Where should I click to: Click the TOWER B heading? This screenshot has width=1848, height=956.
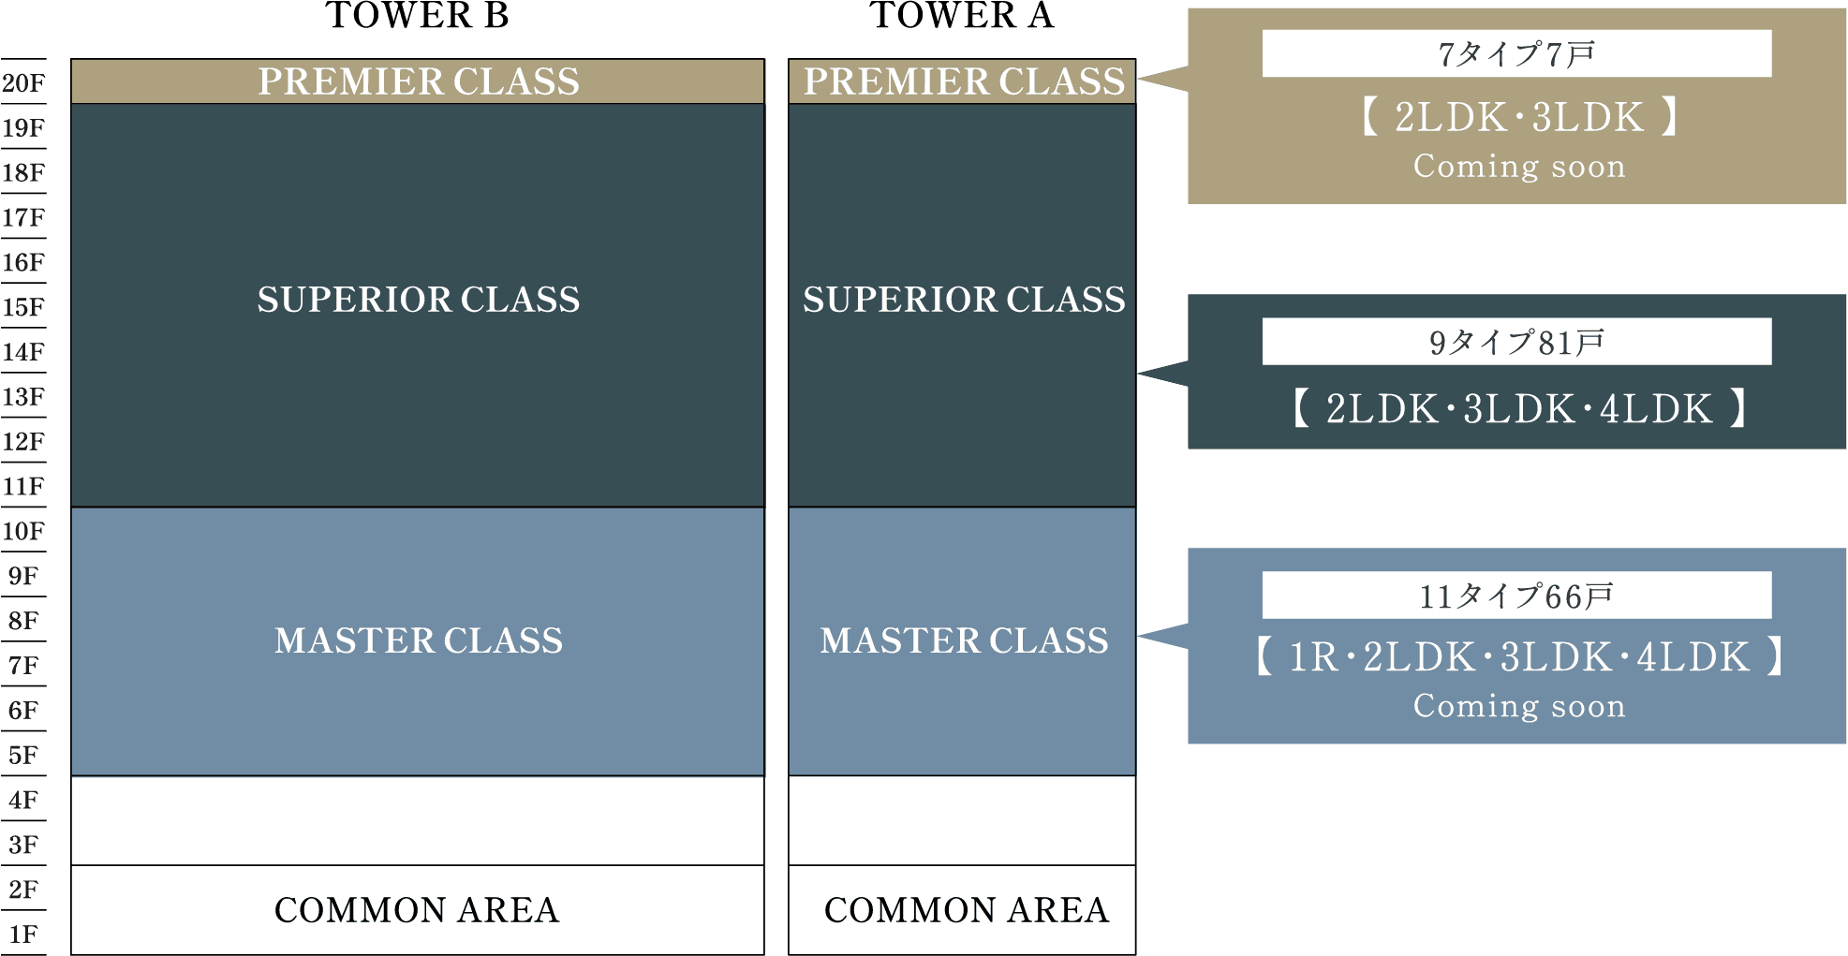coord(417,16)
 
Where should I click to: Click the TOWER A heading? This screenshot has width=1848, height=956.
coord(962,16)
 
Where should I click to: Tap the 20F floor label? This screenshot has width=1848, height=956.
coord(23,83)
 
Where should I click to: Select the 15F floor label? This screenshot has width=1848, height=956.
coord(23,307)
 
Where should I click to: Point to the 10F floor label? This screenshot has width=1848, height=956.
coord(23,531)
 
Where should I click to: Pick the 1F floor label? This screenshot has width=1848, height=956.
coord(23,934)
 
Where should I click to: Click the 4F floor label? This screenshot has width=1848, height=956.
coord(23,800)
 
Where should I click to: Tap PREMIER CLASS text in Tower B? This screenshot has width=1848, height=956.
coord(419,81)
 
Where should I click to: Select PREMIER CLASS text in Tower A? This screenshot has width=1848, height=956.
coord(964,81)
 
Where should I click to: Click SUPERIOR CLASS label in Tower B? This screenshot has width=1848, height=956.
coord(419,300)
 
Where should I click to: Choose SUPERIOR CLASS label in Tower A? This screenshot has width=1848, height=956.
coord(964,300)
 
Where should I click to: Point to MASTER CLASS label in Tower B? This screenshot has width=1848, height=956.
coord(419,640)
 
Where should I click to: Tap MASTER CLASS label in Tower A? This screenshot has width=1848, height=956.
coord(964,640)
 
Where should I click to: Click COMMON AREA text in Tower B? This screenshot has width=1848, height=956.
coord(417,910)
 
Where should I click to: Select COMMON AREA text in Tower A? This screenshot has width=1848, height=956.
coord(966,910)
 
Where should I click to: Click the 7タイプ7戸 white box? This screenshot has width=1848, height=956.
coord(1516,53)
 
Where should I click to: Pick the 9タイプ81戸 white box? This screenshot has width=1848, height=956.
coord(1516,342)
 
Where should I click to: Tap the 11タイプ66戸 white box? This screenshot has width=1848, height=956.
coord(1516,596)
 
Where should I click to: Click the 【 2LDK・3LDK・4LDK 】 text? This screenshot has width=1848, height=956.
coord(1518,409)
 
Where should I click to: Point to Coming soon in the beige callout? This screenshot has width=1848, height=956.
coord(1519,167)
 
